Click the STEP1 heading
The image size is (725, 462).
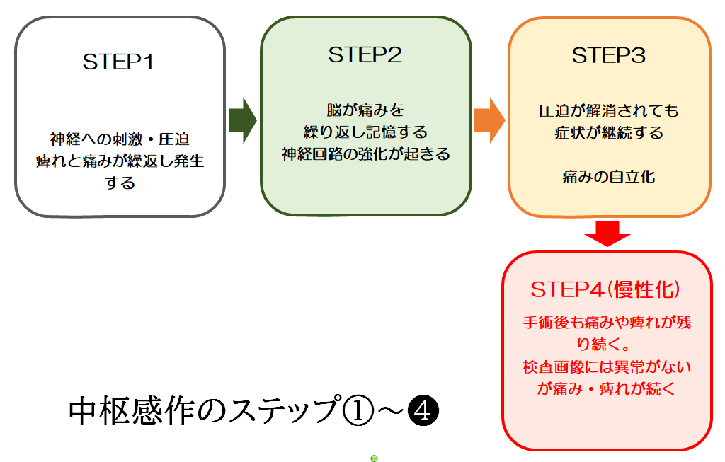(x=118, y=62)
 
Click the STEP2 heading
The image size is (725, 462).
(x=365, y=55)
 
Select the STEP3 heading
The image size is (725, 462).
(x=609, y=55)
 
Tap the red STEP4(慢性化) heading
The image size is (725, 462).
(x=606, y=290)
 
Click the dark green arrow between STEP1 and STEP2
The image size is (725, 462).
(x=243, y=121)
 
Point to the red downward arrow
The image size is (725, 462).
(x=606, y=233)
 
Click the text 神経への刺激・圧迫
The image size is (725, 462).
(x=120, y=138)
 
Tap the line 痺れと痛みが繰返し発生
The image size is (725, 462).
(x=120, y=161)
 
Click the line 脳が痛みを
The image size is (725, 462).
(x=365, y=110)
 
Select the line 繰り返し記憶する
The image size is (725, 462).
(x=365, y=132)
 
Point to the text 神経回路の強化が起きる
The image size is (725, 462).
(x=365, y=154)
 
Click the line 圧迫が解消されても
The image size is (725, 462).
(x=609, y=111)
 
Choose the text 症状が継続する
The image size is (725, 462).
(x=609, y=133)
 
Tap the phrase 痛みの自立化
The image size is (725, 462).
(x=609, y=177)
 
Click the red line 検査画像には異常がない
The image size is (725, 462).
(x=607, y=366)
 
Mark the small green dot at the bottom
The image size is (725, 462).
(x=374, y=458)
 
